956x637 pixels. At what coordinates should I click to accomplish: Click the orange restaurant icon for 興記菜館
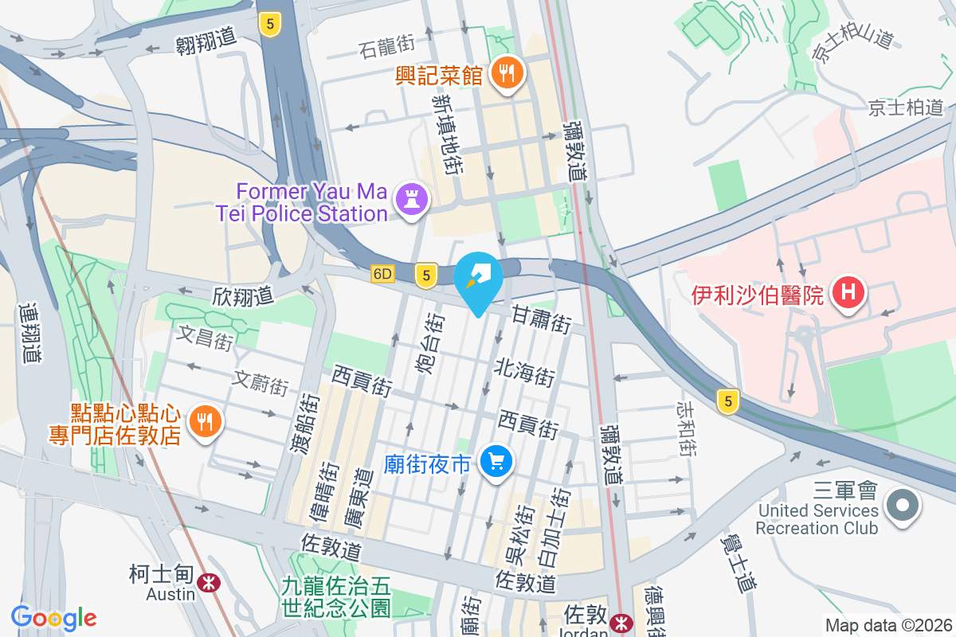pos(506,74)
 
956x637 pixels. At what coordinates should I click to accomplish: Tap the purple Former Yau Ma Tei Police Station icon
pos(411,199)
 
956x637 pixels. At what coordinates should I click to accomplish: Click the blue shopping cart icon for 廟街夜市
pos(497,462)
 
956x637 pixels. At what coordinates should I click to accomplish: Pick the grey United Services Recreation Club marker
pos(903,505)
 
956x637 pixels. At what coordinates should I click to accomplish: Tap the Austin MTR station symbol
pos(210,583)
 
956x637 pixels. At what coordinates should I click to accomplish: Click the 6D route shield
pos(382,274)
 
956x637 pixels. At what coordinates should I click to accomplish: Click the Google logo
pos(53,618)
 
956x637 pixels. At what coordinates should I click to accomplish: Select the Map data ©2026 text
pos(887,625)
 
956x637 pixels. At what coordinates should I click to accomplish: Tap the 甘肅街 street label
pos(542,320)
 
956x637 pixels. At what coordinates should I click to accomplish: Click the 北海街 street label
pos(524,372)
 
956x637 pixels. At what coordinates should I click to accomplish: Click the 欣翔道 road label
pos(243,296)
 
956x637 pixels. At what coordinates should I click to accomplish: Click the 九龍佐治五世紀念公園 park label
pos(336,597)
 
